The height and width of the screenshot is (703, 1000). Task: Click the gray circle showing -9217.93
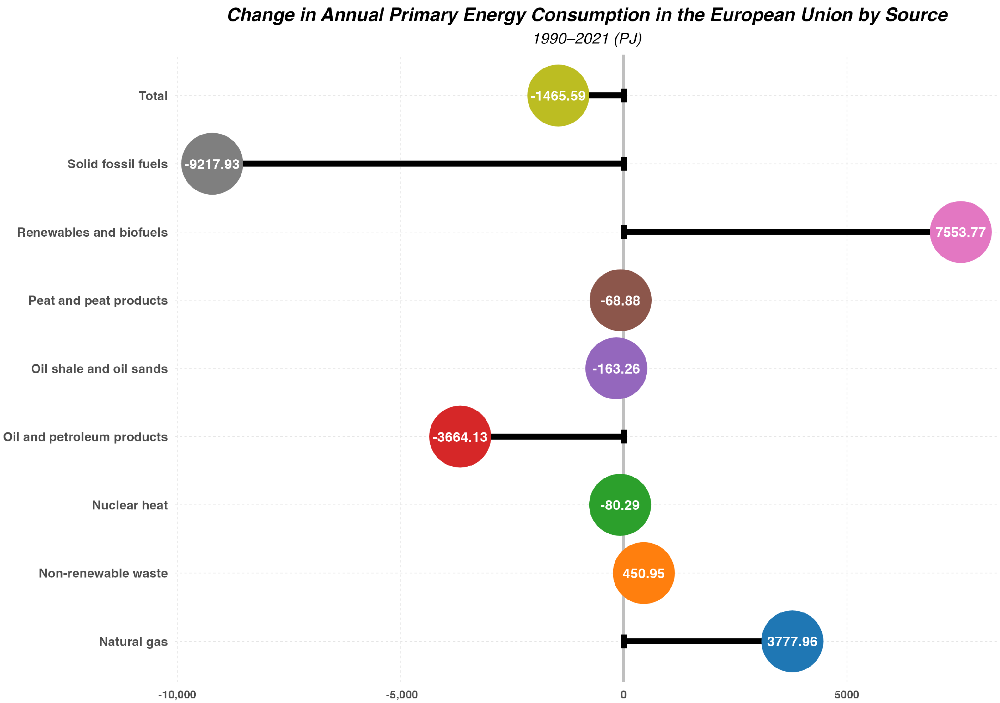[x=212, y=164]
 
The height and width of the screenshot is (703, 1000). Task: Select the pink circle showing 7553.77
[x=960, y=232]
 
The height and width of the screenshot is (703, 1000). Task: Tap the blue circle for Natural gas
[x=792, y=641]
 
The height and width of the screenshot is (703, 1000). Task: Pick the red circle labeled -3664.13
[x=460, y=436]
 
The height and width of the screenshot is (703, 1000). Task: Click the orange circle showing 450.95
[x=643, y=573]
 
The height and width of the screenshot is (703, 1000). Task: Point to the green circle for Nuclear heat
[x=620, y=505]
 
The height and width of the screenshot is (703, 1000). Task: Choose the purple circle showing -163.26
[x=616, y=369]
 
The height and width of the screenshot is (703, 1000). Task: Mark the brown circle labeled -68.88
[x=620, y=301]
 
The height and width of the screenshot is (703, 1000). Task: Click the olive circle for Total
[x=558, y=96]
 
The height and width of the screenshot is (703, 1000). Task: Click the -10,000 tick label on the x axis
[x=177, y=695]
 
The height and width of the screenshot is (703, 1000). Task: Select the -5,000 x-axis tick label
[x=401, y=695]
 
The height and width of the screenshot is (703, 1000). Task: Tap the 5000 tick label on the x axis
[x=847, y=695]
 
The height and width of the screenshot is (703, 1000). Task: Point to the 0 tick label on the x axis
[x=623, y=695]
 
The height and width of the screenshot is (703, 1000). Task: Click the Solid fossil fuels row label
[x=117, y=164]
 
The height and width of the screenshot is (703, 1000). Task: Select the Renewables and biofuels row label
[x=92, y=232]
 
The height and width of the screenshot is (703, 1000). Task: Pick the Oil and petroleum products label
[x=85, y=437]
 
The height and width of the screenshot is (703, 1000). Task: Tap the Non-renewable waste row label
[x=103, y=573]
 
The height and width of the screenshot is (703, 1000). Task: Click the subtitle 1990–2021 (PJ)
[x=587, y=39]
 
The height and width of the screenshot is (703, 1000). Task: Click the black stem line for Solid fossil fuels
[x=431, y=164]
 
